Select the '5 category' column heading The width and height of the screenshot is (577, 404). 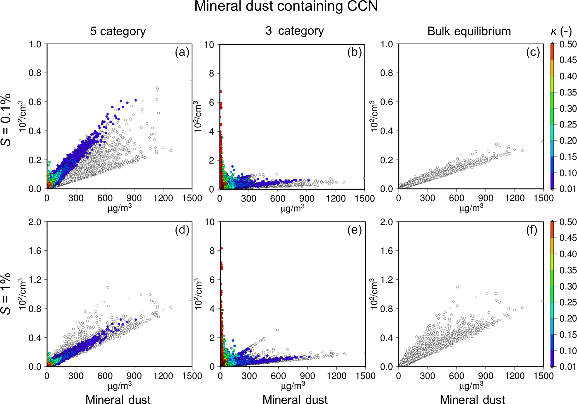[x=118, y=31]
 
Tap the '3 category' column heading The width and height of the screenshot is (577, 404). [x=294, y=31]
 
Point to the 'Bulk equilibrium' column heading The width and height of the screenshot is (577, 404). [x=469, y=31]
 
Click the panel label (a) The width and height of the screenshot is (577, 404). [x=182, y=52]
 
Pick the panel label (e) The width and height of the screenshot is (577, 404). [x=354, y=230]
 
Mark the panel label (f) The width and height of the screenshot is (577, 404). [x=531, y=230]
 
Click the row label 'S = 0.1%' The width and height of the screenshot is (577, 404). [x=6, y=120]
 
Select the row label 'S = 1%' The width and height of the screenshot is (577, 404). [x=6, y=294]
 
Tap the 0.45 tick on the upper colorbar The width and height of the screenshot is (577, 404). [x=568, y=60]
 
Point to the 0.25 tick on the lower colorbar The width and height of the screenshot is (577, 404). [x=568, y=302]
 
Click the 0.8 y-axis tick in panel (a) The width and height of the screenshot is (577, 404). [x=35, y=73]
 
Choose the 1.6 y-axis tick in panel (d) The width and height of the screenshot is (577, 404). [x=35, y=251]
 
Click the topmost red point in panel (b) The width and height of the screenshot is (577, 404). [x=221, y=92]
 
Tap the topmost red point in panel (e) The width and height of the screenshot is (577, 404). [x=221, y=248]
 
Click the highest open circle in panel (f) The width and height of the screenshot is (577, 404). [x=458, y=287]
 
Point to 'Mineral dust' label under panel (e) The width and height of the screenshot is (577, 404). [x=295, y=400]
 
